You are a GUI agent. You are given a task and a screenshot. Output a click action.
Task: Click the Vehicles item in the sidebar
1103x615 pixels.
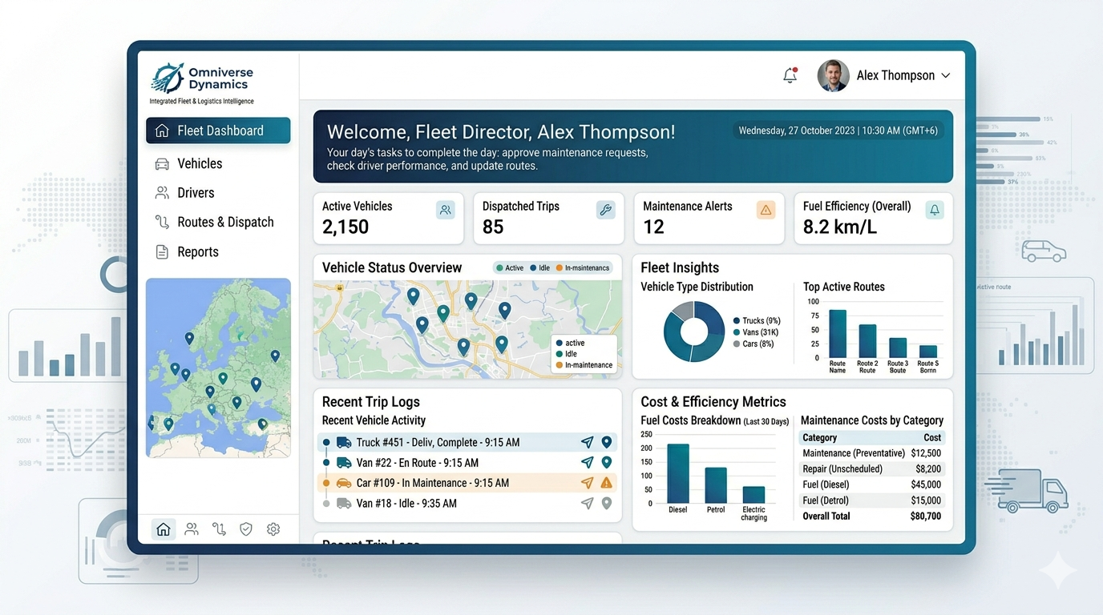coord(200,163)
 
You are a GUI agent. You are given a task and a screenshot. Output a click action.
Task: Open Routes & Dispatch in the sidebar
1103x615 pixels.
coord(225,222)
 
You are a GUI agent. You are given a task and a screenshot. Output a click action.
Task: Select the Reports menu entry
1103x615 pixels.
coord(197,251)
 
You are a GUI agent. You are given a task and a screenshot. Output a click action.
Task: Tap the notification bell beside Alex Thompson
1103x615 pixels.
coord(790,75)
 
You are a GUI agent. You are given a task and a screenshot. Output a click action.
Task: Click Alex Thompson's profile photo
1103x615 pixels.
coord(833,75)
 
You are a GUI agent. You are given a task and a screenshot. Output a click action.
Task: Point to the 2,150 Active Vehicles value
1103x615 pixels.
coord(345,227)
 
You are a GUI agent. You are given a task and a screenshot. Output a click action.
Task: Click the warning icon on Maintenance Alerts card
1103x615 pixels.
coord(766,210)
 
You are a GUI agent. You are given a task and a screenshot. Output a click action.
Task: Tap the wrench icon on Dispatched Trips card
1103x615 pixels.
coord(605,210)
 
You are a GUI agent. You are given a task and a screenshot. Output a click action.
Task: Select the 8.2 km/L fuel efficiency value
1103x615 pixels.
coord(839,227)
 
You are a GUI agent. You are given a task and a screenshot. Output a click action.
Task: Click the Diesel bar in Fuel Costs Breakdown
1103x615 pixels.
coord(678,473)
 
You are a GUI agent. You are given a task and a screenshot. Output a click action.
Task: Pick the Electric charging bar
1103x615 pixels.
coord(754,495)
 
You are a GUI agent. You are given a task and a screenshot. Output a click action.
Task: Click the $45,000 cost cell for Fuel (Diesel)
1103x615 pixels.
coord(926,484)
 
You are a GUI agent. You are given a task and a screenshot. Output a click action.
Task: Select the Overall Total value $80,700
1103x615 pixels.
coord(926,517)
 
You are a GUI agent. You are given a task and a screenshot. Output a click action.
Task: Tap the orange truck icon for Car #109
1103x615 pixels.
coord(344,483)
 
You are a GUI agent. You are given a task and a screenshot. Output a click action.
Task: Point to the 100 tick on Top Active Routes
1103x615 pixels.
coord(813,302)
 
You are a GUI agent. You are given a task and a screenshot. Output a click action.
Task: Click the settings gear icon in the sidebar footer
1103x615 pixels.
coord(273,529)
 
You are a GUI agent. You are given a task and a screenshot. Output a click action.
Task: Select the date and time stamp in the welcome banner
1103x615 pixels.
coord(838,131)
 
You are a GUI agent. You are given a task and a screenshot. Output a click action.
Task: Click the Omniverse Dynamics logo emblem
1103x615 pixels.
coord(168,78)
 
